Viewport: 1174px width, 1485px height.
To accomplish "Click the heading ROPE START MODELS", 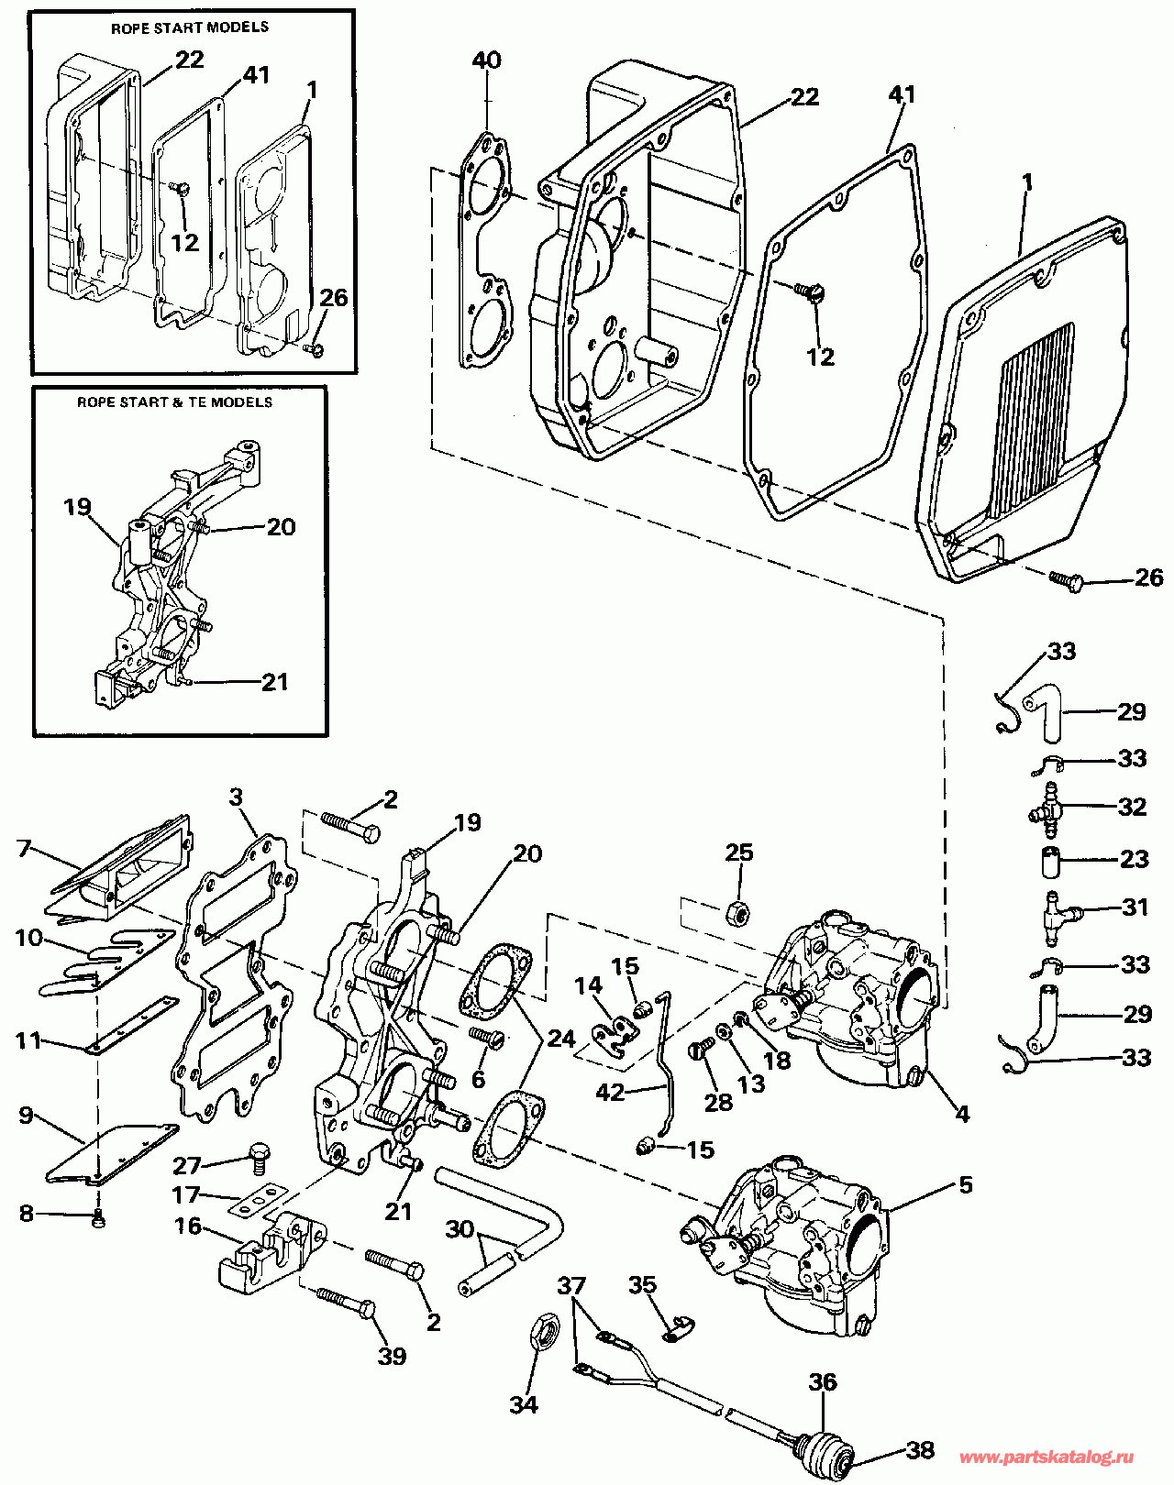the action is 189,27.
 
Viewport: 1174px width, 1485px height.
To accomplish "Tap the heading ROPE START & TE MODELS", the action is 174,401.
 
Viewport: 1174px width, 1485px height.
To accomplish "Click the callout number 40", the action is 486,60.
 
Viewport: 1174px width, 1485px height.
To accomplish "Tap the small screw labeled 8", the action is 99,1221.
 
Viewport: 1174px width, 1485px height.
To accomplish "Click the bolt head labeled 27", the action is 259,1154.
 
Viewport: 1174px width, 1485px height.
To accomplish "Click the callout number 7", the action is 25,848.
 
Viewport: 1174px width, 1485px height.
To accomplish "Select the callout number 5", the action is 965,1184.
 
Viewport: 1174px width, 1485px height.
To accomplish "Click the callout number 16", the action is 187,1226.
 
